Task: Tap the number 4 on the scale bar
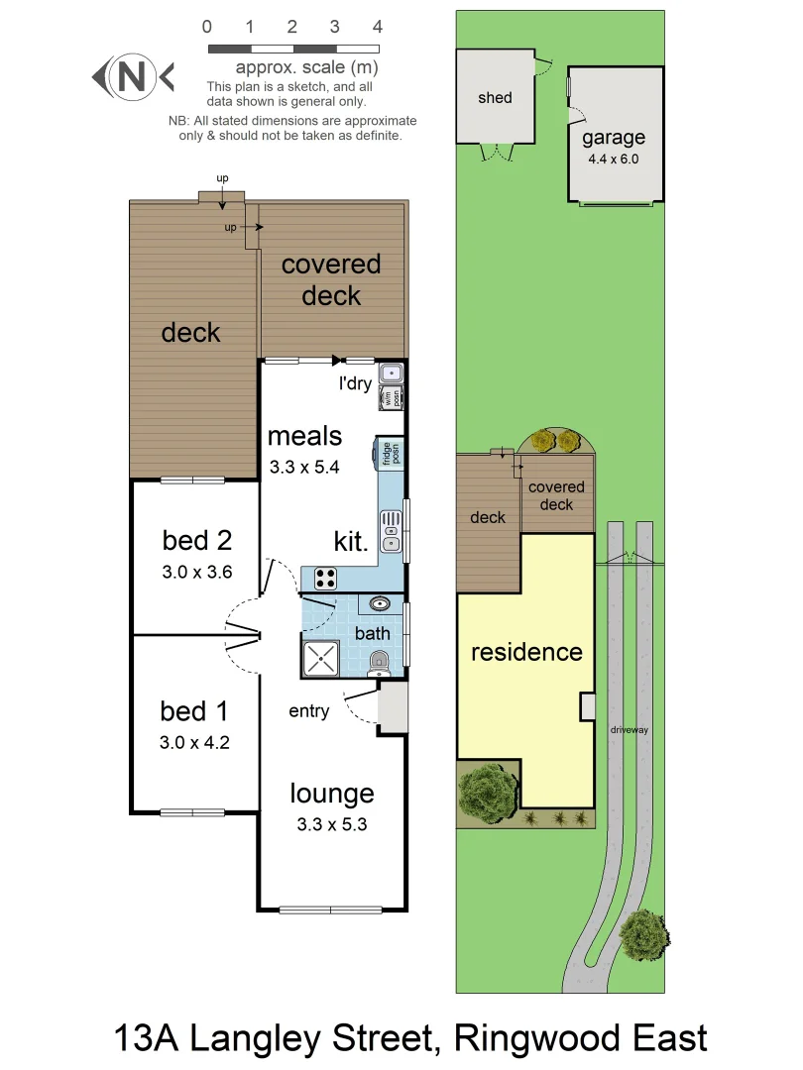(378, 27)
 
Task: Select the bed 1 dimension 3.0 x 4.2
(195, 742)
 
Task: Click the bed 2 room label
(196, 540)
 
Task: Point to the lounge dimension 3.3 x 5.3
(333, 823)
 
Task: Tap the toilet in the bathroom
(378, 663)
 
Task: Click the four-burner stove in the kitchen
(325, 578)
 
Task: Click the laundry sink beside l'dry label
(393, 374)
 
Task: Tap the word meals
(304, 436)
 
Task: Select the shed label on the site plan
(495, 97)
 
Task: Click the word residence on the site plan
(526, 652)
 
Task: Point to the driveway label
(630, 729)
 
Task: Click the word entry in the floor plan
(309, 711)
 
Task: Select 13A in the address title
(147, 1039)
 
